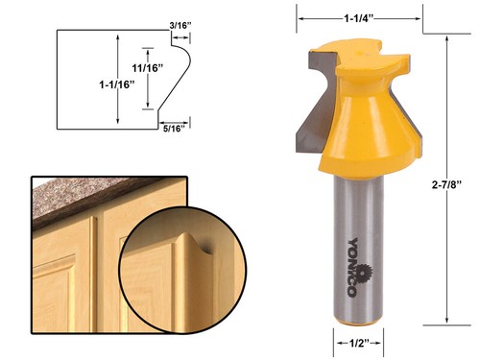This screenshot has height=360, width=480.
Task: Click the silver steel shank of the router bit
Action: pos(357,250)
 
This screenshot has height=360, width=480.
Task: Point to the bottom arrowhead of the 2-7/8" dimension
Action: pos(448,324)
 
